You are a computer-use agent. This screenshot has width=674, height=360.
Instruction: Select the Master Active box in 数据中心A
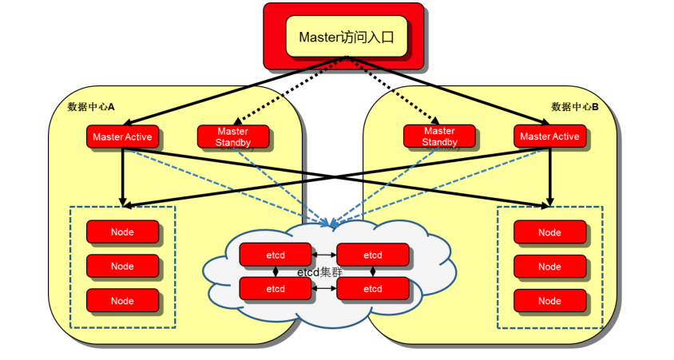(122, 136)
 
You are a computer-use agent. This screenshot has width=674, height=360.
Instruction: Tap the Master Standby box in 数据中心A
(232, 136)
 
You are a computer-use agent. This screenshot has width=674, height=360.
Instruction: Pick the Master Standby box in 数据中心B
(439, 136)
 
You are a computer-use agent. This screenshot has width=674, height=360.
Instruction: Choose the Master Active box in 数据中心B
(549, 136)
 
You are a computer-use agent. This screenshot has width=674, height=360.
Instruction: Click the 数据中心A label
(92, 106)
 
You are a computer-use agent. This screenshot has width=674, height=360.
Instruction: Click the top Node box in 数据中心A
(122, 232)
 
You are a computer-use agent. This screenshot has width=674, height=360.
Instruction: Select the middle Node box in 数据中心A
(122, 266)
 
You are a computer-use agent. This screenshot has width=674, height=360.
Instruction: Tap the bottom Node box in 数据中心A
(122, 300)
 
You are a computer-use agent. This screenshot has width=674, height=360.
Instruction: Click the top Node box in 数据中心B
(549, 232)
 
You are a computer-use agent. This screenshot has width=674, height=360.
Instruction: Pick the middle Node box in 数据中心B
(549, 267)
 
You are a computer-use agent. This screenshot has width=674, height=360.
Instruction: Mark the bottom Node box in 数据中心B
(549, 301)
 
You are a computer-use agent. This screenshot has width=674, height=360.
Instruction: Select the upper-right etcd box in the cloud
(373, 255)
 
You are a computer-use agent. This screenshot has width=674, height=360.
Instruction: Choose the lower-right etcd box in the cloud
(373, 288)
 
